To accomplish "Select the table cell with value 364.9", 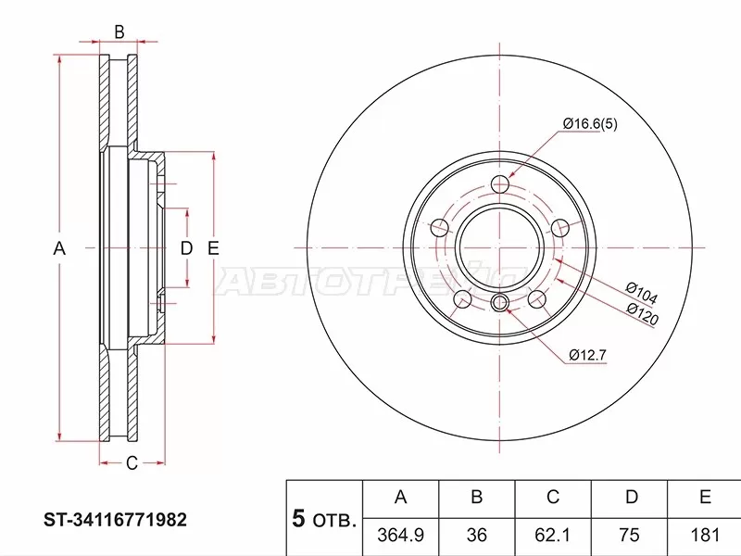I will pos(400,535).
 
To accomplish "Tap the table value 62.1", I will pos(553,535).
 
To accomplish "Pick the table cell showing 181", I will pos(705,535).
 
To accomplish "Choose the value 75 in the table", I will pos(630,535).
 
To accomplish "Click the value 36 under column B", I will pos(476,535).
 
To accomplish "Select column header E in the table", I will pos(705,498).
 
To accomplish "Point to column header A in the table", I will pos(400,498).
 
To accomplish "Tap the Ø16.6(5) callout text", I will pos(589,124).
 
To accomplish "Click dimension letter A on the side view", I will pos(59,248).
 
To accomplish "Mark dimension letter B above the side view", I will pos(119,33).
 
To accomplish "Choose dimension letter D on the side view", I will pos(185,248).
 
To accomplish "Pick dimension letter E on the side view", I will pos(212,248).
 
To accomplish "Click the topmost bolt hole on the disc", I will pos(500,183).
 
